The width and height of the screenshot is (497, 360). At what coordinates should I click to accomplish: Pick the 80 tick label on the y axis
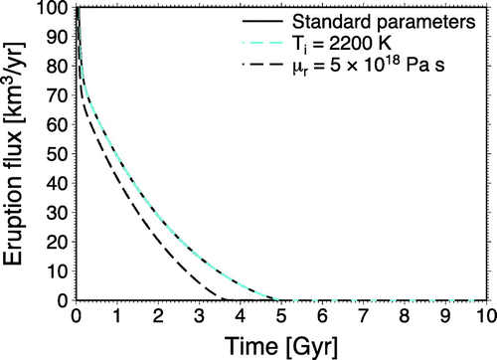56,68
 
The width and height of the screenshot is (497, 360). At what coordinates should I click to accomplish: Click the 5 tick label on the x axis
280,315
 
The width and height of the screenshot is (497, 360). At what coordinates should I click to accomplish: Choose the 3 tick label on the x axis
199,315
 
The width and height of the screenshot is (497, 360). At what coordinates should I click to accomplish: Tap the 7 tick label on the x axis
363,315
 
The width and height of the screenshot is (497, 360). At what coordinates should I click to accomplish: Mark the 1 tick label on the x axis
117,315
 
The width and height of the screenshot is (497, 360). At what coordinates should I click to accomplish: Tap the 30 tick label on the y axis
56,213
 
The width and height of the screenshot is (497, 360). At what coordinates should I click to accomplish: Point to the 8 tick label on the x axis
404,315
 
